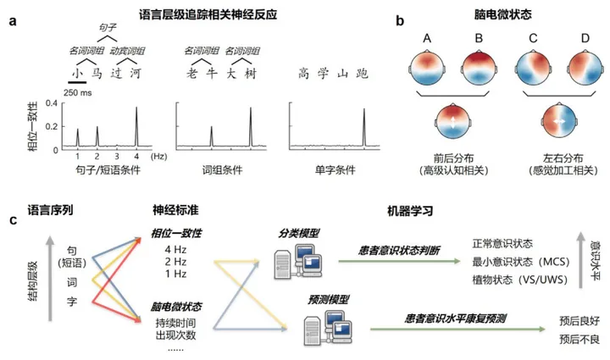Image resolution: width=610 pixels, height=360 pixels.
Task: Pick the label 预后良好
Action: tap(579, 320)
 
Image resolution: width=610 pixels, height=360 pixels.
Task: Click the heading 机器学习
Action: tap(388, 208)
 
